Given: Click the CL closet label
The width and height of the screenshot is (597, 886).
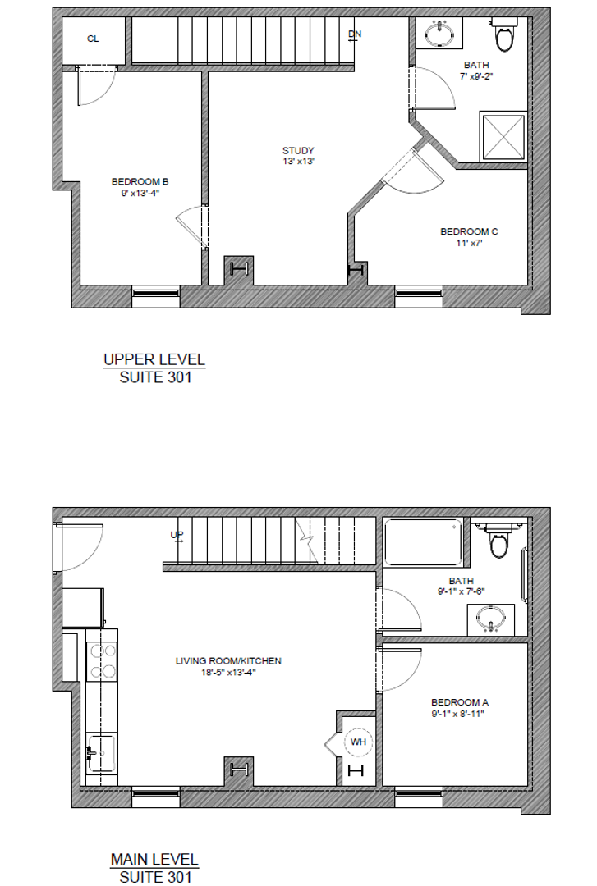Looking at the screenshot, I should click(x=93, y=39).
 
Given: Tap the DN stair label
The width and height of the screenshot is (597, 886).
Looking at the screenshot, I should click(x=355, y=34).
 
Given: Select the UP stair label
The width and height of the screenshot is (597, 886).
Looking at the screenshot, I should click(x=177, y=536).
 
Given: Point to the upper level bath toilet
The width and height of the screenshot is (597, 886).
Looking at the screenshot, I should click(x=504, y=36).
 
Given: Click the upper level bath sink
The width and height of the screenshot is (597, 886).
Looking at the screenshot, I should click(x=441, y=34).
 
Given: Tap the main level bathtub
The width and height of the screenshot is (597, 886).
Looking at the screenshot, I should click(x=422, y=542).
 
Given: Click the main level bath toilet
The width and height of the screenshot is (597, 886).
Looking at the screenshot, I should click(x=498, y=541).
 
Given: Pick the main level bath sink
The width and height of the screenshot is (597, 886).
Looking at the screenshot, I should click(x=491, y=619).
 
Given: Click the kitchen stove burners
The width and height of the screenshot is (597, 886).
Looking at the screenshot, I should click(x=103, y=660).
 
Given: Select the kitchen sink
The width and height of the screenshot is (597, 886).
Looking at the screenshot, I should click(x=99, y=751).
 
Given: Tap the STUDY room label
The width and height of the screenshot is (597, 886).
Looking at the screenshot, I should click(x=298, y=150).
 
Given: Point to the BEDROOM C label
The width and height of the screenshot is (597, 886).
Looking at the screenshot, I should click(x=469, y=231).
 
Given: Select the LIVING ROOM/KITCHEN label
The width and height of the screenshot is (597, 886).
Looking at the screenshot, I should click(x=228, y=660).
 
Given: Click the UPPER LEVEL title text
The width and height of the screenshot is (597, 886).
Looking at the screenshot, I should click(x=154, y=359).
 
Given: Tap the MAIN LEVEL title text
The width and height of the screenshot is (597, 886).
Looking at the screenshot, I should click(x=154, y=860).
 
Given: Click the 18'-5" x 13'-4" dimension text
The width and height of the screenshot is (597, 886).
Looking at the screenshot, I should click(x=228, y=673).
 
